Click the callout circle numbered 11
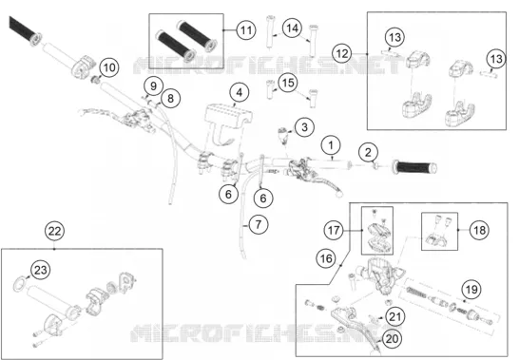(x=246, y=30)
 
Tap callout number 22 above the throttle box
(x=54, y=231)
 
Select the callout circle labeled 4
(x=239, y=92)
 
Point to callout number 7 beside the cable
(x=258, y=224)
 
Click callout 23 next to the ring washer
(x=40, y=270)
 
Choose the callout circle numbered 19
(x=471, y=290)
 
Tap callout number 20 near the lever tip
(x=393, y=338)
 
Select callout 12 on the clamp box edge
(x=342, y=53)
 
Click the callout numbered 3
(x=304, y=127)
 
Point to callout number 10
(x=109, y=67)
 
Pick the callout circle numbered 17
(x=334, y=230)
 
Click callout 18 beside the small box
(x=480, y=230)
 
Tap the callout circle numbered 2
(x=368, y=153)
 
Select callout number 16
(x=326, y=258)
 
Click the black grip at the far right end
(x=414, y=168)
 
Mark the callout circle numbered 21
(x=394, y=316)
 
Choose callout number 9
(x=153, y=86)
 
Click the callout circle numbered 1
(x=331, y=145)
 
